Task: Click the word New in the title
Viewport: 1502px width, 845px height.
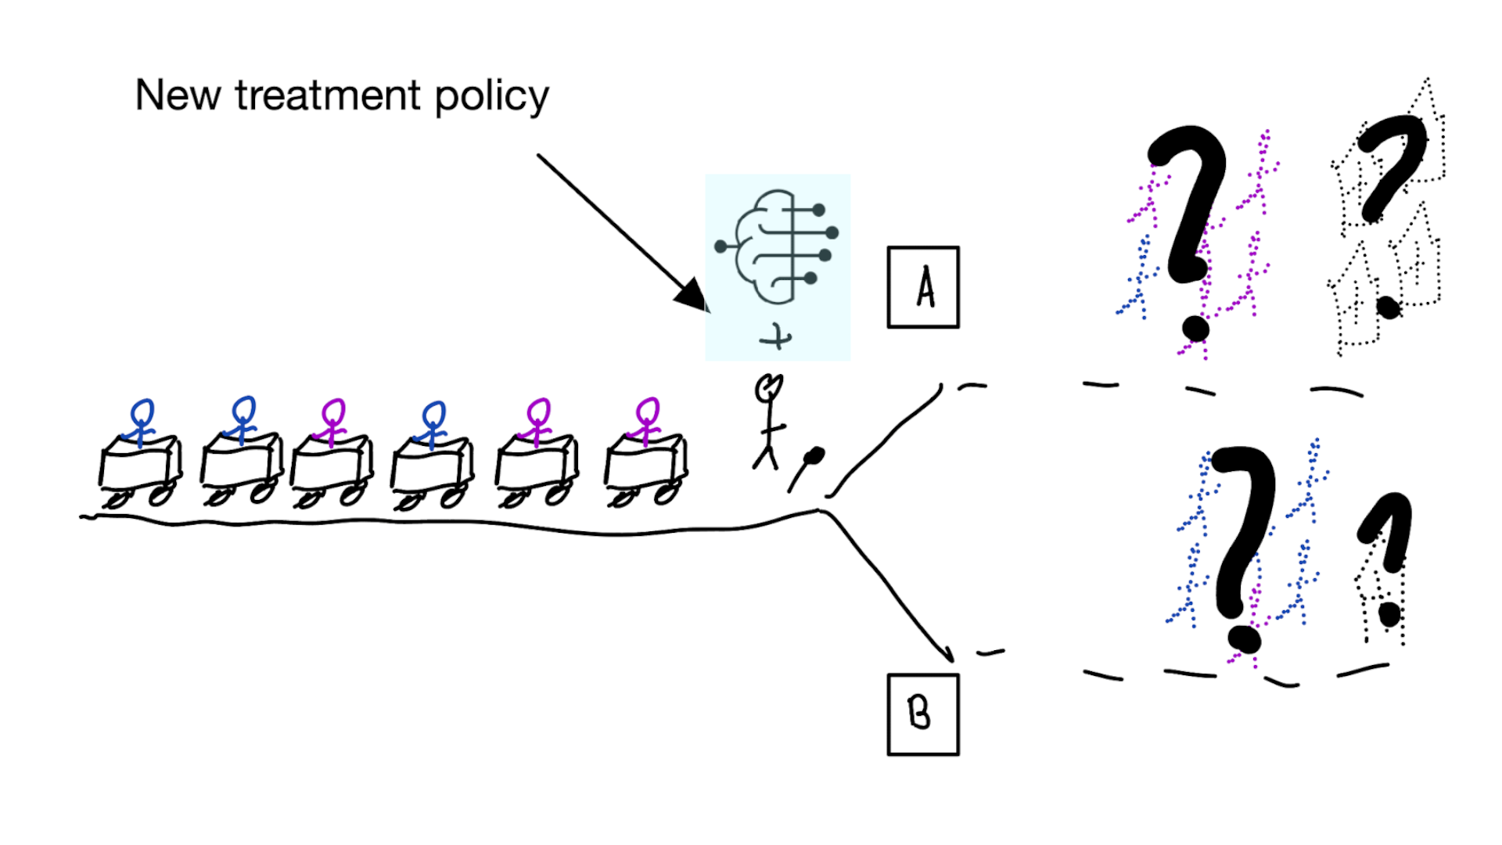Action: [x=178, y=95]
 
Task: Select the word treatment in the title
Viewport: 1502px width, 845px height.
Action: [x=328, y=95]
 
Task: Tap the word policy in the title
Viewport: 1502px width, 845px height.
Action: [x=491, y=97]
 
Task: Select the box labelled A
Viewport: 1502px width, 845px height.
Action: [x=923, y=287]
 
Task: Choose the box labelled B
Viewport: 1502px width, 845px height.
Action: [x=923, y=714]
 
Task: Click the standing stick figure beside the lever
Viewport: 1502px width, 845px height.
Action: [x=769, y=422]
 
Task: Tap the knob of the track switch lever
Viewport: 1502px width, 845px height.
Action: [x=814, y=455]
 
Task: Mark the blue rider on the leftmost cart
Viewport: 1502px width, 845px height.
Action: [x=142, y=423]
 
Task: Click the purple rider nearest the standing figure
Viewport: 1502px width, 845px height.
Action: [x=647, y=422]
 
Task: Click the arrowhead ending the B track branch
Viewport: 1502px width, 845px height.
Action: [x=947, y=653]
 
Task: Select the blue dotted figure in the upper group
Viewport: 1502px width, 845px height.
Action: [x=1138, y=278]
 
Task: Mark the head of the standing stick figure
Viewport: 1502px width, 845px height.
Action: [x=768, y=388]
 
